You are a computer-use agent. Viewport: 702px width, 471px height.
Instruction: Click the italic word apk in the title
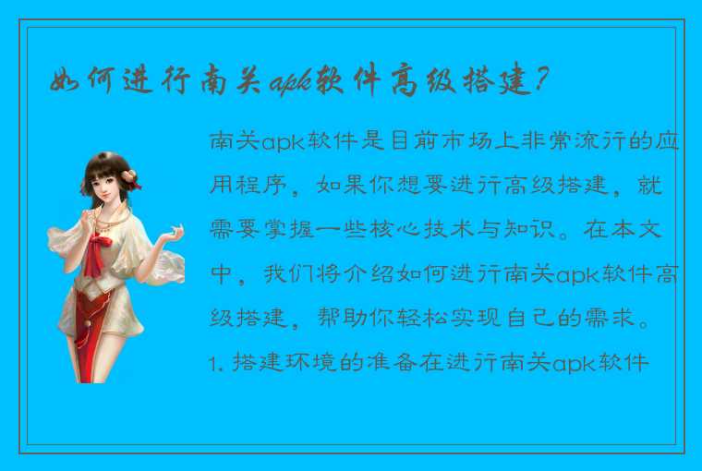[288, 84]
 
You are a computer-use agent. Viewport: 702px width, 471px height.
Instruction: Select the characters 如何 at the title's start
[75, 82]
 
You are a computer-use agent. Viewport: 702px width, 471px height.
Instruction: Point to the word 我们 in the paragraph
[284, 274]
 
